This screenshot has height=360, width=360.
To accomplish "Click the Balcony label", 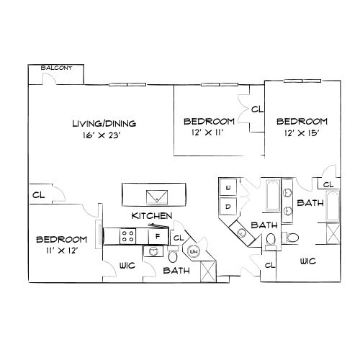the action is point(56,68).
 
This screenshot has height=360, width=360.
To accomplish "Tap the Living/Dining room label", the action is point(104,124).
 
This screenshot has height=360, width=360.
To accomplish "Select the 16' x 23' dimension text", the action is point(102,135).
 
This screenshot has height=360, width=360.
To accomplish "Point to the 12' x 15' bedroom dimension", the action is point(302,133).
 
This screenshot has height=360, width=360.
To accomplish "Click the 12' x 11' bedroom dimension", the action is point(208,132).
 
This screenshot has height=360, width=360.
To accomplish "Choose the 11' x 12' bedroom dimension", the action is point(62,251).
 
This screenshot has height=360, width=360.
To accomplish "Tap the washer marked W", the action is point(228,187).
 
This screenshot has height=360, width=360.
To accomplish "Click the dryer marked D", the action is point(228,207).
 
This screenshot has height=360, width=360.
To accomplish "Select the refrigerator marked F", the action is point(158,236).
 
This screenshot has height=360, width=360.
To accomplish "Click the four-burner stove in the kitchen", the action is point(127,236).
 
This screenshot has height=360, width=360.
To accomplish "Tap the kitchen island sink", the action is point(157,197).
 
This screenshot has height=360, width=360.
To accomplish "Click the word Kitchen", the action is point(152,216).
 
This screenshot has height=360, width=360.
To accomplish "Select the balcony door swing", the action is point(49,78).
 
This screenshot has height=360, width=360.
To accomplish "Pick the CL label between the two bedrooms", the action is point(257,109).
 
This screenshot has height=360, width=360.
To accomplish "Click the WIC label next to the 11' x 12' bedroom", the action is point(127,266).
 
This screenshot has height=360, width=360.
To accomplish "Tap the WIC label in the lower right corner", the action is point(308,261).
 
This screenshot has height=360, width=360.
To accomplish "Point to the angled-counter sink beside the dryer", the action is point(240,233).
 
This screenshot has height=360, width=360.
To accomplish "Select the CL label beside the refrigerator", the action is point(179,238).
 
